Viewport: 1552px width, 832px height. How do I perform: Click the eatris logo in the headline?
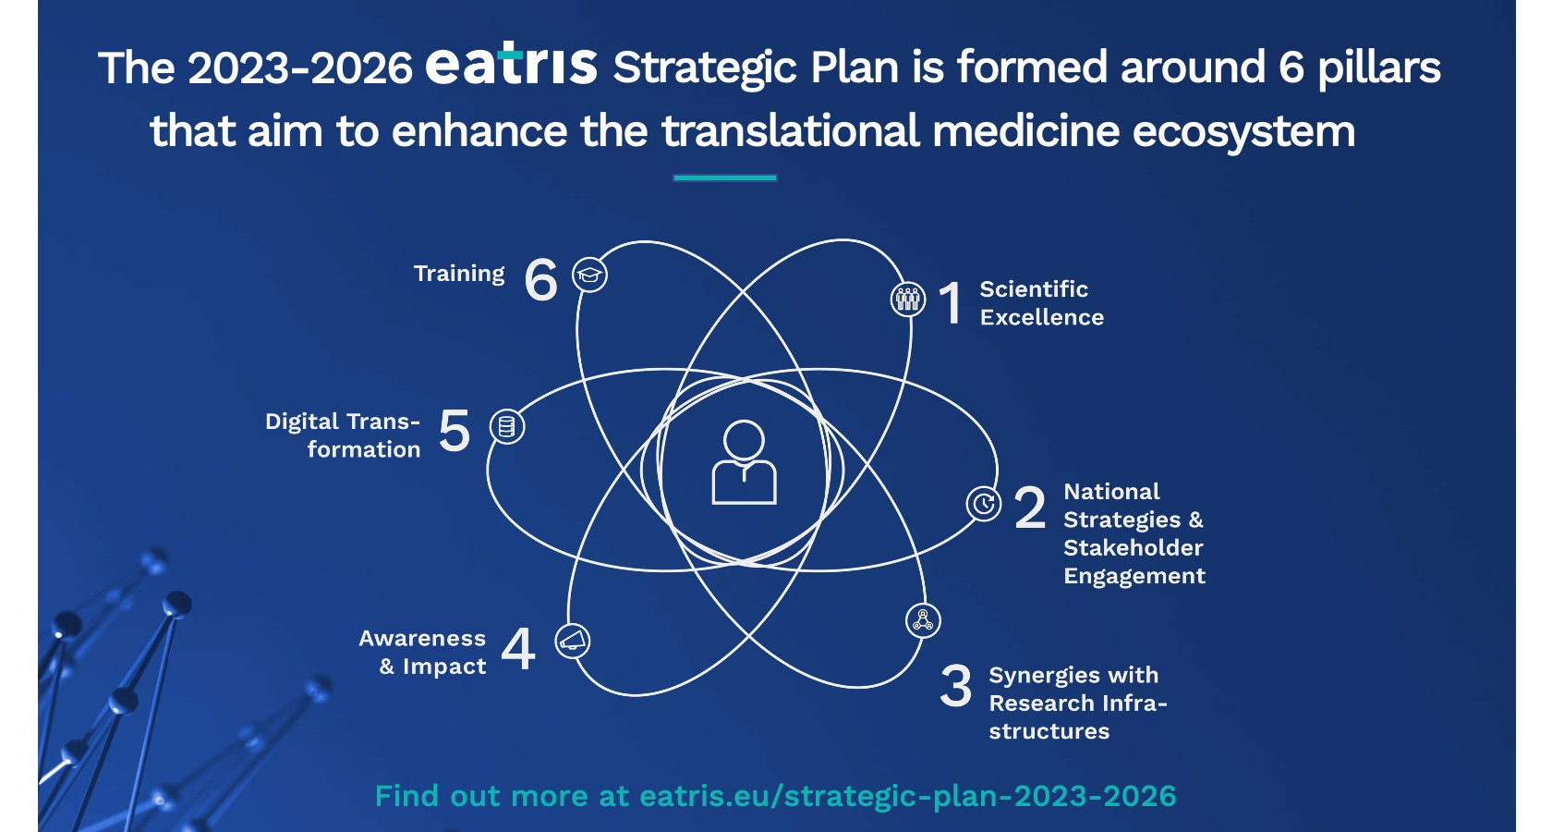point(512,64)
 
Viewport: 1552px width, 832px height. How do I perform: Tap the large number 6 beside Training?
point(541,280)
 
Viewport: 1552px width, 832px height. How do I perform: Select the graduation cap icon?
point(589,275)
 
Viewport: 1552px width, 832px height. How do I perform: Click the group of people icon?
point(907,300)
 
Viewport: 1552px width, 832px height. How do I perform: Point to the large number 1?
point(951,303)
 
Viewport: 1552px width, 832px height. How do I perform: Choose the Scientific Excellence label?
point(1041,303)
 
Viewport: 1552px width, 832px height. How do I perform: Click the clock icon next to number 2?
point(984,503)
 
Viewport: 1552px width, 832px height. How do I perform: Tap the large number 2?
point(1029,508)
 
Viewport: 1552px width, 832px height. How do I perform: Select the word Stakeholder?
point(1134,547)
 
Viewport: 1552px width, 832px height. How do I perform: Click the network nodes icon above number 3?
point(923,619)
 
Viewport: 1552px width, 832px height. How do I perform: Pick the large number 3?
point(956,686)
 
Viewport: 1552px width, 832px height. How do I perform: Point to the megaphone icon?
point(573,641)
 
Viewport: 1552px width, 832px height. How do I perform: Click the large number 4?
point(518,649)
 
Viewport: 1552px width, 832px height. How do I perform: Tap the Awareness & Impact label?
point(423,652)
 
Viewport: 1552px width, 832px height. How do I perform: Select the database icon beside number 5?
point(507,425)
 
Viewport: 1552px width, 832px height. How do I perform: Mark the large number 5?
point(455,430)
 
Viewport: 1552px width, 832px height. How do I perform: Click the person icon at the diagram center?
point(745,462)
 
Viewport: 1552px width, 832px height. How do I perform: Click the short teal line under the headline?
point(724,178)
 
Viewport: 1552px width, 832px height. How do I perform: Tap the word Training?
point(459,274)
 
